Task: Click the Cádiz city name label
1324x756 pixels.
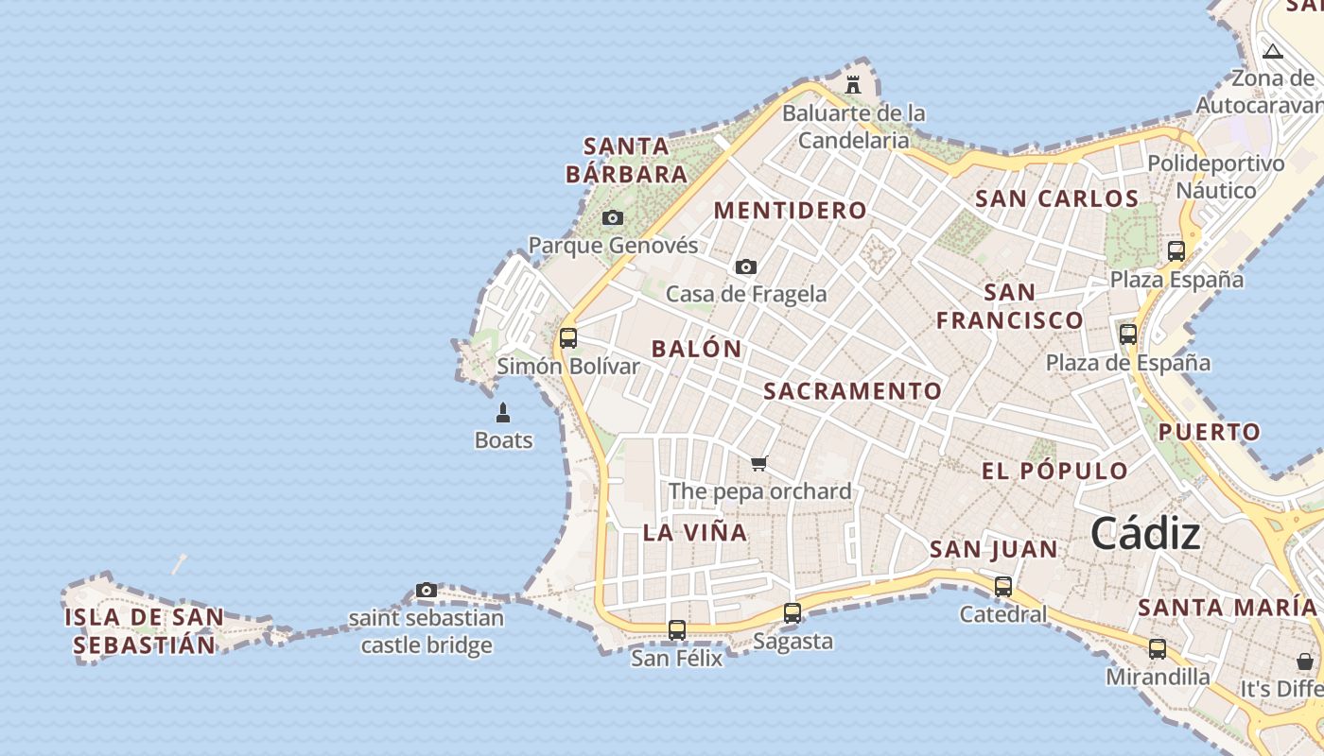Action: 1145,535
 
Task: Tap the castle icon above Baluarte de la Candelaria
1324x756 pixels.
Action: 853,84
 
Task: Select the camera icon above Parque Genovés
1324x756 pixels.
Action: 613,218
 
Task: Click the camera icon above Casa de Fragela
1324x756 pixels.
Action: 746,267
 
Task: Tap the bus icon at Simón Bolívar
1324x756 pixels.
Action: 568,337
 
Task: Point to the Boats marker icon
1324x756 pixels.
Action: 503,413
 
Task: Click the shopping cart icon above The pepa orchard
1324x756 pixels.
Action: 758,463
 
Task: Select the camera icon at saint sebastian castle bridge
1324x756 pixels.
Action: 427,591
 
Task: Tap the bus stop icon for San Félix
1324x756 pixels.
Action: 677,629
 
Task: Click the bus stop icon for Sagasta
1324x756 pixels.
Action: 793,613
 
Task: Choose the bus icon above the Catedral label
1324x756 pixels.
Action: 1003,587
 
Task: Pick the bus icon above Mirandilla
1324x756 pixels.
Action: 1158,649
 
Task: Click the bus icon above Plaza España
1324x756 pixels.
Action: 1176,251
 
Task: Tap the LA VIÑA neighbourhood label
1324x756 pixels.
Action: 695,532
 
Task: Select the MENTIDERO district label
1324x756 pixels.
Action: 790,211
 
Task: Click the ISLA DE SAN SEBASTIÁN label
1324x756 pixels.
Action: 145,631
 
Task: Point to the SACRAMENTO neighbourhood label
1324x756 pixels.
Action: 853,391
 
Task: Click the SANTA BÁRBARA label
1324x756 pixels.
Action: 626,161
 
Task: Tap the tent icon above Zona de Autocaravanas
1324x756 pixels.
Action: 1273,51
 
